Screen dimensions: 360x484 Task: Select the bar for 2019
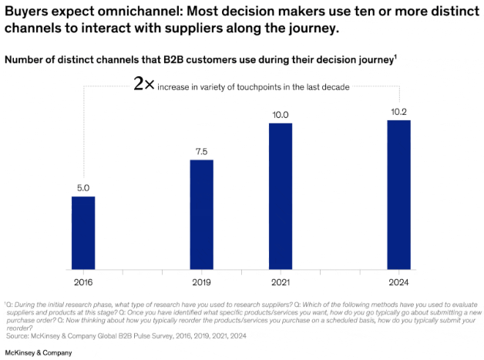201,214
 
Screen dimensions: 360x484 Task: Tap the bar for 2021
280,195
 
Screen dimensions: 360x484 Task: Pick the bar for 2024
398,193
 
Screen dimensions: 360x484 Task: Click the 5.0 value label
83,187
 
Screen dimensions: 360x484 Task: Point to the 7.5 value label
201,151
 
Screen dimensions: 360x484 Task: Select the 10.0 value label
280,115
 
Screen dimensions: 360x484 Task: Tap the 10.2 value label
398,112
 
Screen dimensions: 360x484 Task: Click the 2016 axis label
83,281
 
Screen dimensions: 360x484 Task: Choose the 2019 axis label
201,281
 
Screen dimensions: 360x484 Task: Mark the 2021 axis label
280,281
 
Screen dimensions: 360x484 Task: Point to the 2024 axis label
398,281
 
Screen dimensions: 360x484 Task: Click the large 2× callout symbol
143,85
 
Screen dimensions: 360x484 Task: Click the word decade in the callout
335,87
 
